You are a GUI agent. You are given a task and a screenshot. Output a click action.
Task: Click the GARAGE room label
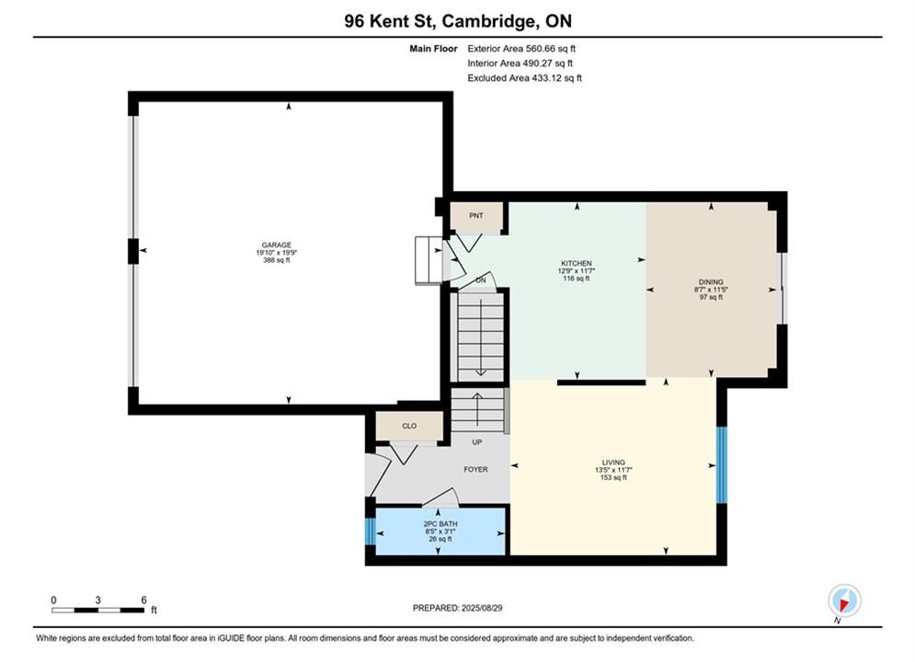point(277,245)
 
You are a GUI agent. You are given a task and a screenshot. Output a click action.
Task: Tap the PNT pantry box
point(476,216)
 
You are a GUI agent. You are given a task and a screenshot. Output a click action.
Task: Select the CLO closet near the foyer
point(409,426)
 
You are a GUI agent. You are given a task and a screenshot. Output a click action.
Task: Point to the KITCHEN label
point(577,263)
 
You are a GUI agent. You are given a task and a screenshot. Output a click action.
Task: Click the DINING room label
point(711,281)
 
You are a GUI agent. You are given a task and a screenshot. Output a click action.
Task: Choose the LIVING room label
point(614,462)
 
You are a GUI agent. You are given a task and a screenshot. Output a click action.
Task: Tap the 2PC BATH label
point(440,524)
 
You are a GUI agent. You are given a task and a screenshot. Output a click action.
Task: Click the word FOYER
point(475,469)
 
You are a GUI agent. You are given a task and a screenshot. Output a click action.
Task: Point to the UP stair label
point(476,442)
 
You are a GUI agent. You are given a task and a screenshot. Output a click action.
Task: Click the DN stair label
point(481,280)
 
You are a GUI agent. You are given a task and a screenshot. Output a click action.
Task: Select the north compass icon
point(844,600)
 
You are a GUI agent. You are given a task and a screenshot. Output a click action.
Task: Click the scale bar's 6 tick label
point(143,599)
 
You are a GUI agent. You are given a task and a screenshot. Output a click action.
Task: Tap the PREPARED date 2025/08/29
point(482,608)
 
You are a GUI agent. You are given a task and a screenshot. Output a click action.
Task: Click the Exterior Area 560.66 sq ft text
point(521,49)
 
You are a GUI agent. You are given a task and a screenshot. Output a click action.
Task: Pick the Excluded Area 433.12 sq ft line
point(524,77)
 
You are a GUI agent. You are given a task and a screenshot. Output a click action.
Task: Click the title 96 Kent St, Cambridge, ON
point(458,21)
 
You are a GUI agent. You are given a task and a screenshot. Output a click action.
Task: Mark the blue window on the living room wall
point(722,465)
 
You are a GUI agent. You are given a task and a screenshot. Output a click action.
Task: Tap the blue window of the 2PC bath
point(370,531)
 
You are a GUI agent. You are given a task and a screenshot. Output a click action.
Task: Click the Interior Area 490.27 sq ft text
point(520,63)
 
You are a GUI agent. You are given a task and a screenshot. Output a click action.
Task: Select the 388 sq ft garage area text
point(277,260)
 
